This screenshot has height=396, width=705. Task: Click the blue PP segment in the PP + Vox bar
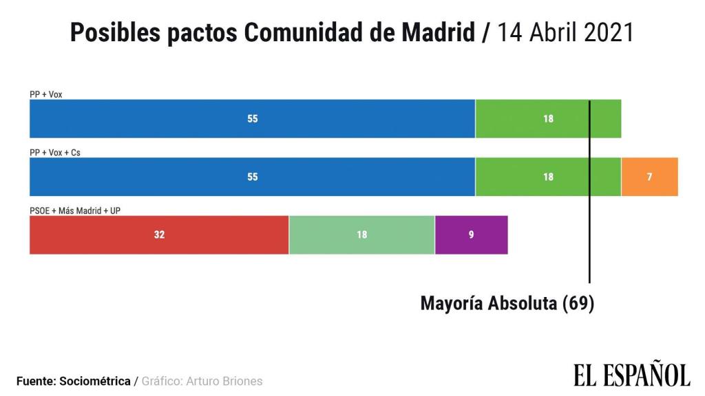(252, 118)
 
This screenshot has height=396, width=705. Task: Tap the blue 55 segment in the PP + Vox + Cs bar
(252, 177)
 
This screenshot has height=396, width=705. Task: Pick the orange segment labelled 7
(649, 177)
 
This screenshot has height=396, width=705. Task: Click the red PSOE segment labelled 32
(159, 234)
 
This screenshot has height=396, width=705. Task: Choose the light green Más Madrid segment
(361, 234)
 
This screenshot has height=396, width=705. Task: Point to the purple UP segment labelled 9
(471, 234)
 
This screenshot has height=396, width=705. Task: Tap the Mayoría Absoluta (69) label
(507, 303)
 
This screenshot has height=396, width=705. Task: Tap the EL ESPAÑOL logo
(631, 375)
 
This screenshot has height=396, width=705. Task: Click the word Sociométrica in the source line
(96, 381)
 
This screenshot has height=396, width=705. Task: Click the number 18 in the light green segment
(361, 234)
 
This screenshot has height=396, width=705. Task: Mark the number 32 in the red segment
(159, 234)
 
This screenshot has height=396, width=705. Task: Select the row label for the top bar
(46, 94)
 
